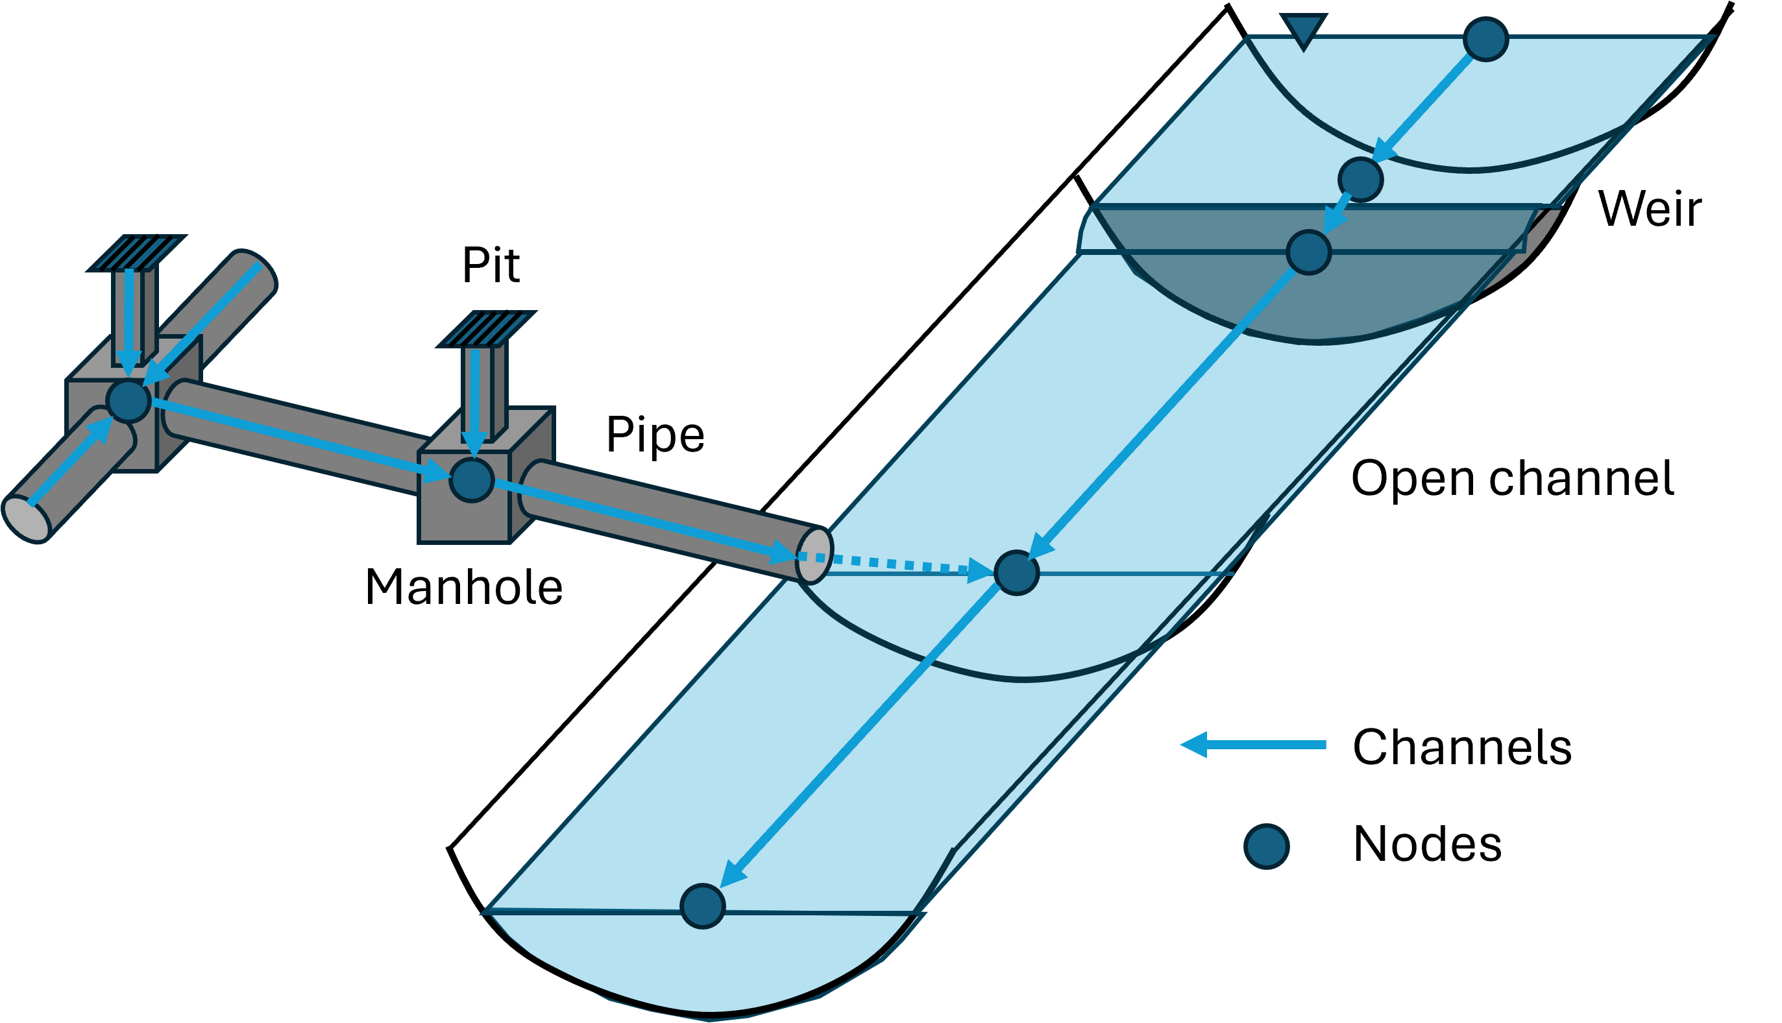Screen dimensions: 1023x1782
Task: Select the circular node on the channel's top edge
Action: click(1486, 40)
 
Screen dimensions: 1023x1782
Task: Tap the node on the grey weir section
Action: click(1309, 252)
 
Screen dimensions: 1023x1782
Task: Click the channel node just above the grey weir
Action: click(1361, 180)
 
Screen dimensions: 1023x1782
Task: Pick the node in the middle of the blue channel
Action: click(1017, 573)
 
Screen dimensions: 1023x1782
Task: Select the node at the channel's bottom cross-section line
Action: click(703, 906)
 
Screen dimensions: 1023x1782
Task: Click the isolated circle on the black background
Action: click(1266, 847)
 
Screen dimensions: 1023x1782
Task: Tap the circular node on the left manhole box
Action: click(128, 400)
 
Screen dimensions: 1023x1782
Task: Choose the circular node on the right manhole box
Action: click(472, 480)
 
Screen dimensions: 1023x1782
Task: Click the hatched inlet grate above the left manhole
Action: click(136, 253)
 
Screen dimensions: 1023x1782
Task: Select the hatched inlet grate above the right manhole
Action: click(486, 329)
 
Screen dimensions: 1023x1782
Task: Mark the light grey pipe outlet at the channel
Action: click(814, 556)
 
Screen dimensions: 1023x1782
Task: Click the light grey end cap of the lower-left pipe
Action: click(27, 518)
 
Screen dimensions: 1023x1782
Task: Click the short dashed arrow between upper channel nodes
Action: click(1337, 213)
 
